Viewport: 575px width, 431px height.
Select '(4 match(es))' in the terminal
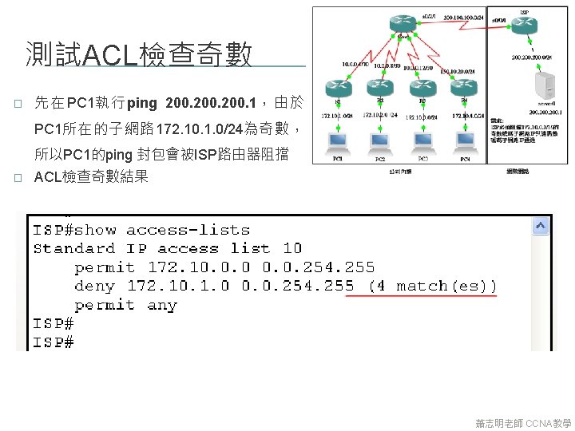click(432, 286)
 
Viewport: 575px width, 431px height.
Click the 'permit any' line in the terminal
click(126, 305)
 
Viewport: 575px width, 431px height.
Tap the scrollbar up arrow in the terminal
click(541, 227)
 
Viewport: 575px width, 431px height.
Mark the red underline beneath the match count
click(420, 296)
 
